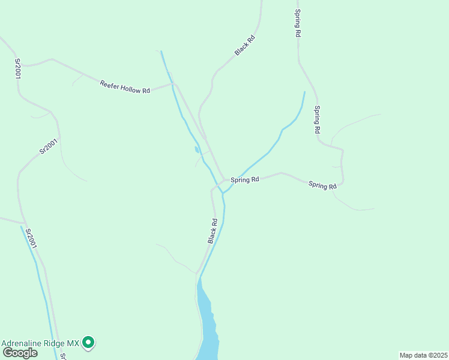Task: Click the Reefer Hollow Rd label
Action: pyautogui.click(x=125, y=87)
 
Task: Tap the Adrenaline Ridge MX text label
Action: pyautogui.click(x=40, y=343)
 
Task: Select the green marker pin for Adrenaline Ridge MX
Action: pyautogui.click(x=89, y=343)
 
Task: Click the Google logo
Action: pyautogui.click(x=19, y=353)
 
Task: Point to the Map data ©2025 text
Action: pyautogui.click(x=423, y=355)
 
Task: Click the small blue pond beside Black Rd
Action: pyautogui.click(x=196, y=149)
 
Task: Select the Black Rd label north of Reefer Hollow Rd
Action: pyautogui.click(x=245, y=46)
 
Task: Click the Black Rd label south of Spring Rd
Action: pyautogui.click(x=212, y=231)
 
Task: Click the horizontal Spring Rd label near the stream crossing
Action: pyautogui.click(x=245, y=179)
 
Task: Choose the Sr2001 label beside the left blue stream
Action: pyautogui.click(x=32, y=238)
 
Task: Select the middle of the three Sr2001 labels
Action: pyautogui.click(x=48, y=146)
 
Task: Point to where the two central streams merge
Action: pyautogui.click(x=223, y=193)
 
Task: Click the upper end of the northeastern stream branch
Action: pyautogui.click(x=304, y=92)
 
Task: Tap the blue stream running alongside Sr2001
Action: pyautogui.click(x=40, y=282)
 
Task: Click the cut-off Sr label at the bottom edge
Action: pyautogui.click(x=63, y=356)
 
